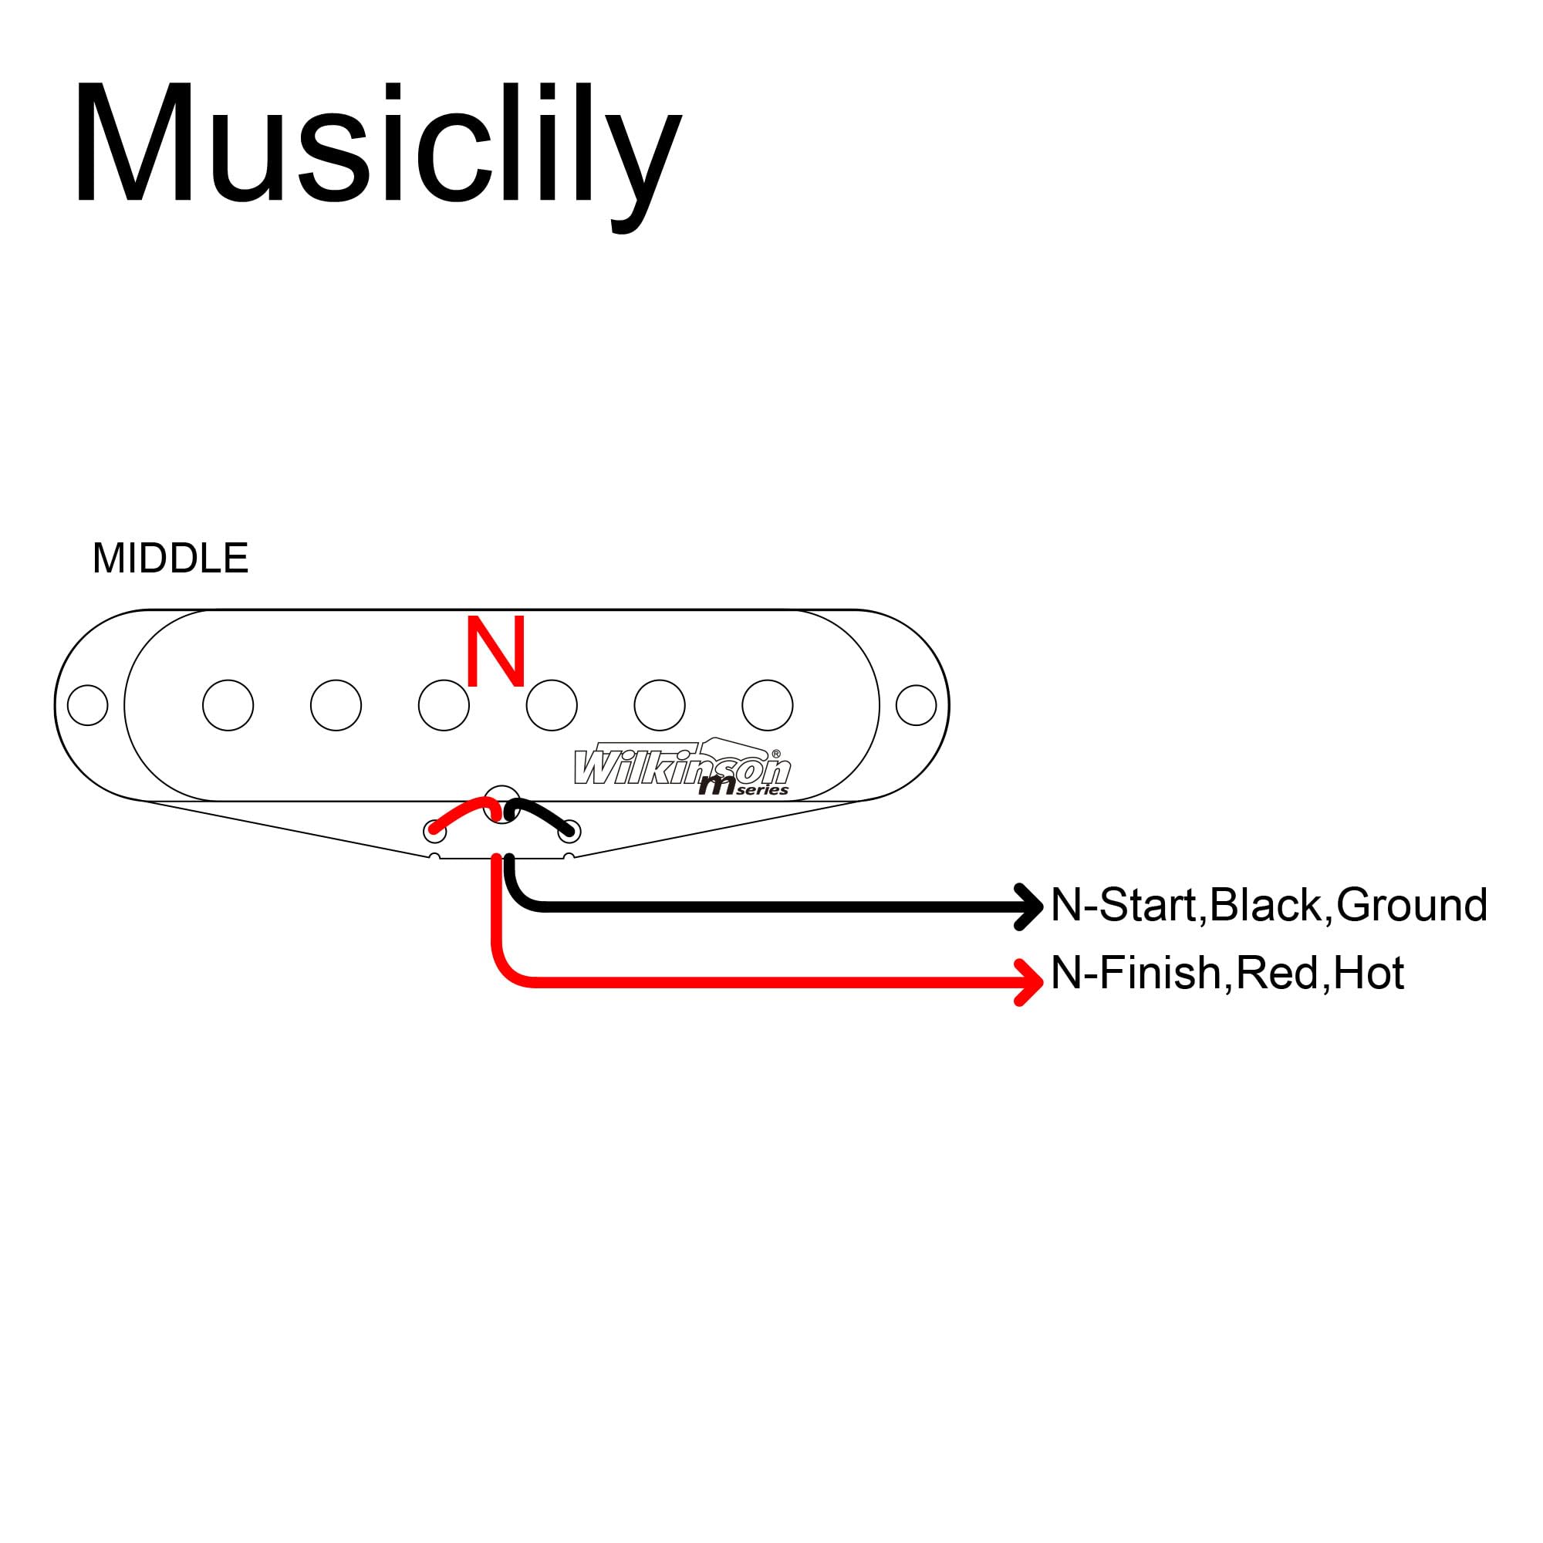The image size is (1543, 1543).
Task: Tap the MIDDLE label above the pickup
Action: [x=170, y=559]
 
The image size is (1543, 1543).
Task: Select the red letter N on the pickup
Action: [x=495, y=651]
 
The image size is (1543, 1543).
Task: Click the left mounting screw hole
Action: [x=88, y=705]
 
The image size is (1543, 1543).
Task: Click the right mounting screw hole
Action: [x=916, y=705]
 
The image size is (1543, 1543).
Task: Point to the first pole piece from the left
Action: [x=228, y=705]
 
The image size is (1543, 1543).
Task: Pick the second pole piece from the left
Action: [x=336, y=705]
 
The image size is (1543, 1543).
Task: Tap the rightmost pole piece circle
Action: [x=768, y=705]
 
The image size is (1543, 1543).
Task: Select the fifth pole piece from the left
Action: [x=660, y=705]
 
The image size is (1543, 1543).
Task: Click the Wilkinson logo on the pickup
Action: [x=683, y=768]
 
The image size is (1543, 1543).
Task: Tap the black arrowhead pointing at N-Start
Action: [x=1028, y=907]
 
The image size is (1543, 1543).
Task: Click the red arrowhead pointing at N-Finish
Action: [x=1028, y=982]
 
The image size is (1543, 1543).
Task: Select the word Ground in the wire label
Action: [x=1411, y=906]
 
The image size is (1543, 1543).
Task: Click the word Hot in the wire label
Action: [x=1368, y=974]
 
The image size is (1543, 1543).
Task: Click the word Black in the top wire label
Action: [x=1265, y=906]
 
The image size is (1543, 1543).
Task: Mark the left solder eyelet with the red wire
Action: [x=435, y=832]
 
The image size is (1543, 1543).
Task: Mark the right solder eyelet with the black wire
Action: [x=569, y=832]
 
